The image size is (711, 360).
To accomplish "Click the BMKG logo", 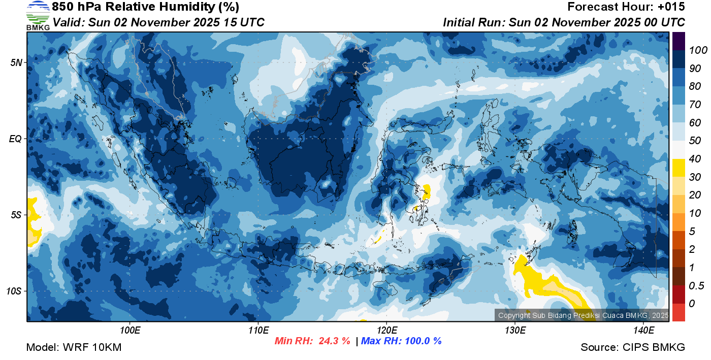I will point(38,15).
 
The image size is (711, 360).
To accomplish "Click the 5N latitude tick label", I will point(16,62).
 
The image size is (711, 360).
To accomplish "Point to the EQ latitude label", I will point(15,139).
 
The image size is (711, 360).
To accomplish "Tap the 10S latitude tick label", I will point(14,291).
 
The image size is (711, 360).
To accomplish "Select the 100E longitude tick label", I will point(130,331).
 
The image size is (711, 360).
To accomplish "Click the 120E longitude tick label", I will point(386,331).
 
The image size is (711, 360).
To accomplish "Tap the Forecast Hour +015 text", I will point(626,7).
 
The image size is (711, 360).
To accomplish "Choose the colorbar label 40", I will point(695,159).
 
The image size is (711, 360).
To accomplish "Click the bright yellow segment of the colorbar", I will point(678,168).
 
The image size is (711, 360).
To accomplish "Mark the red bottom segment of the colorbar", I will point(678,312).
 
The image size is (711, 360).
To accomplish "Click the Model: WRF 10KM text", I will point(74,347).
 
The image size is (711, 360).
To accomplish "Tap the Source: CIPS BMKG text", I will point(633,347).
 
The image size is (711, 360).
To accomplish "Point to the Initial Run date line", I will point(564,22).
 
